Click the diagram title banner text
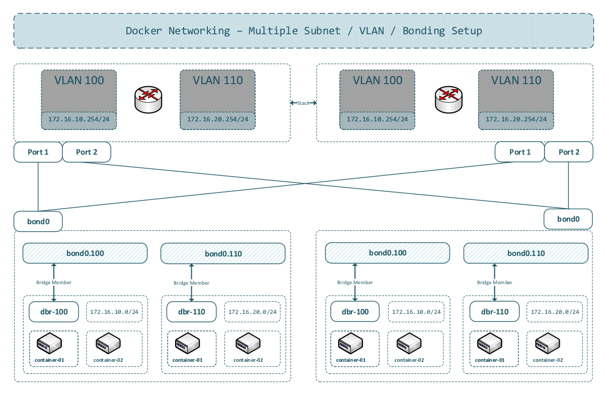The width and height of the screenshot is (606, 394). pos(304,31)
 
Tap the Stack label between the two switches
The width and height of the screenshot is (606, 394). pos(303,103)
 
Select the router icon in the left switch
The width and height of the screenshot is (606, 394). pos(148,100)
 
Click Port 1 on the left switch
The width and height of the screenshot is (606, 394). pos(38,152)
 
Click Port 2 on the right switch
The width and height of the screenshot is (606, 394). pos(569,152)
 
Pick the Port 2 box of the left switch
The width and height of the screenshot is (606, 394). pos(87,152)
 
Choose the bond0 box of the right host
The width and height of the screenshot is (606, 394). pos(568,219)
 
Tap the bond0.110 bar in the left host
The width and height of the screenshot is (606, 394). pos(223,253)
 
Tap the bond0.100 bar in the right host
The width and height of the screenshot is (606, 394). pos(388,253)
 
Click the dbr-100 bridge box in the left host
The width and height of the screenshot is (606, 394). pos(55,312)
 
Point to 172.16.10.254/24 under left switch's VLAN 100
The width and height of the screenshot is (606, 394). pos(79,120)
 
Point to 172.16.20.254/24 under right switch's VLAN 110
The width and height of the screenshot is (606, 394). pos(516,120)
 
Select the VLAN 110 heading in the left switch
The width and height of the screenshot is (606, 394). pos(218,80)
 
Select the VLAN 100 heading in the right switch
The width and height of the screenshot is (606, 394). pos(377,80)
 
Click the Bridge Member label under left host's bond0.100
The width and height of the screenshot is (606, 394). pos(54,283)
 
